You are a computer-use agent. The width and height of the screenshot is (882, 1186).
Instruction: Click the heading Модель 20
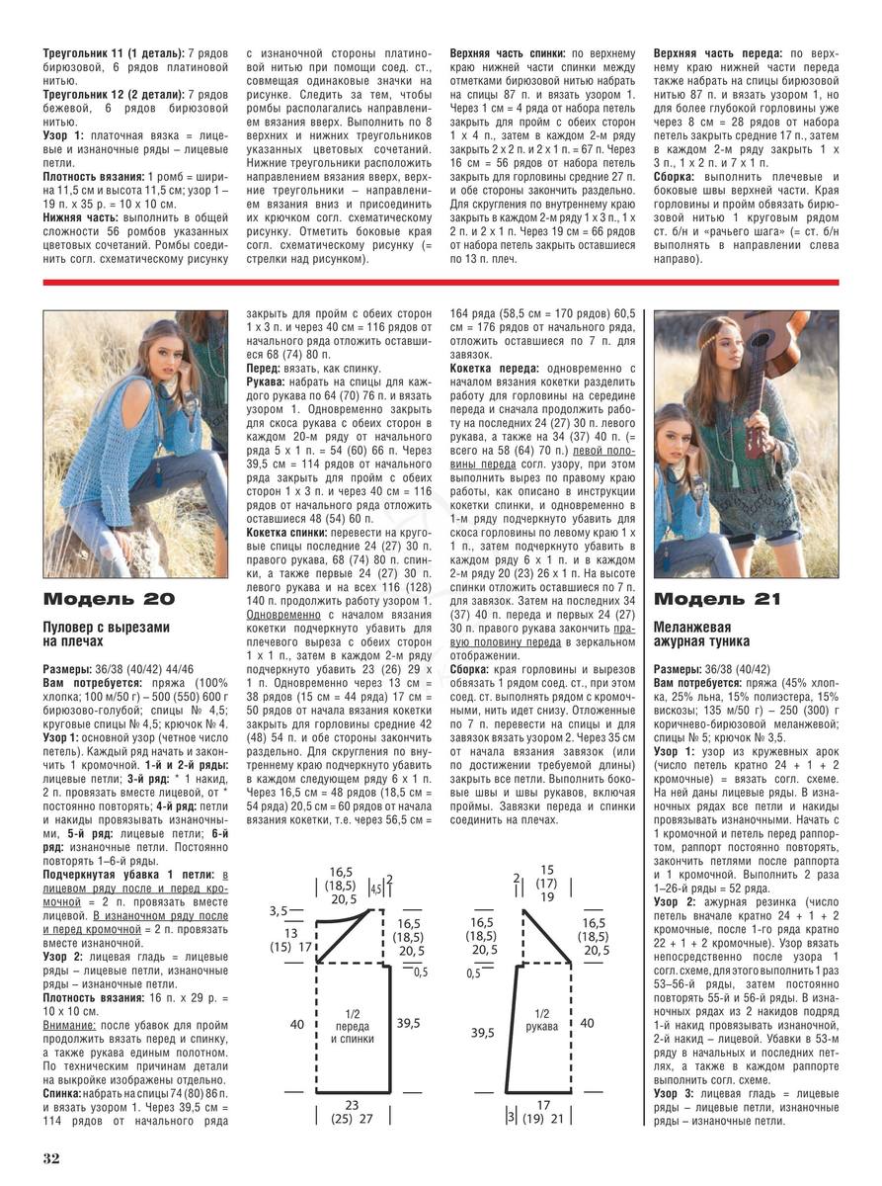(109, 599)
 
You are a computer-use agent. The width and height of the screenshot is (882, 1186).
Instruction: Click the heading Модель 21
(717, 599)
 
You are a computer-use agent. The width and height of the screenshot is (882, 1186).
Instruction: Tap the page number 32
(51, 1156)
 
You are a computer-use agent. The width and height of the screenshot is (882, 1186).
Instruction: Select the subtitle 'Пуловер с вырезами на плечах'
(107, 635)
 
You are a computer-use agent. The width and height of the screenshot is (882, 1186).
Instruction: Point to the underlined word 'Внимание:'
(69, 1026)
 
